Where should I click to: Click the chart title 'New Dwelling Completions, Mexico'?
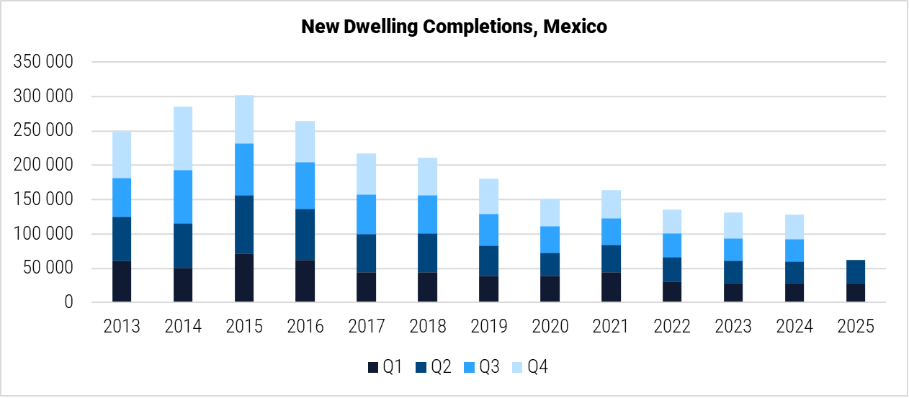pos(454,27)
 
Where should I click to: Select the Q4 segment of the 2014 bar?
pos(183,138)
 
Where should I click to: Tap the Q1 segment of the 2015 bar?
pos(243,278)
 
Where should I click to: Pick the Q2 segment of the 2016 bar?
pos(305,235)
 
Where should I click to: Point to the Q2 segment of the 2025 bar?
pos(856,271)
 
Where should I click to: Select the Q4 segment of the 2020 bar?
pos(549,212)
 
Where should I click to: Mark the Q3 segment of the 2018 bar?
pos(427,214)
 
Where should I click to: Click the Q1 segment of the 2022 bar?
pos(671,291)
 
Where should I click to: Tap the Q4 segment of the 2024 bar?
pos(794,227)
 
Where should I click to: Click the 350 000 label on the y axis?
pos(44,62)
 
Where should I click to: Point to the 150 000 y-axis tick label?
pos(44,199)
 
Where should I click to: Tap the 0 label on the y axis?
pos(68,303)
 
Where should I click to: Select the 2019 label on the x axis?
pos(488,326)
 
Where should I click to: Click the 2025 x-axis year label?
pos(856,326)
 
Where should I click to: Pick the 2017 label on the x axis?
pos(366,326)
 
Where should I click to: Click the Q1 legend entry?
pos(384,367)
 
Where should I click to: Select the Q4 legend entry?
pos(531,367)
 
